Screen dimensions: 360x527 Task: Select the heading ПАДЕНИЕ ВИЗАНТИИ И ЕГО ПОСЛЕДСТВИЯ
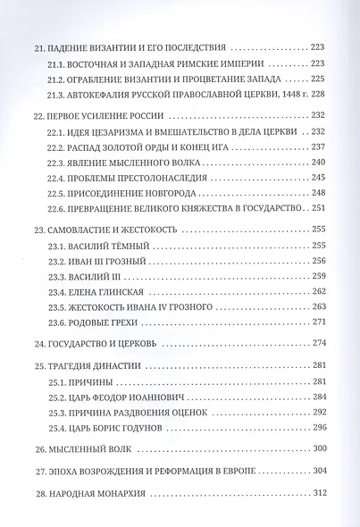(148, 46)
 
